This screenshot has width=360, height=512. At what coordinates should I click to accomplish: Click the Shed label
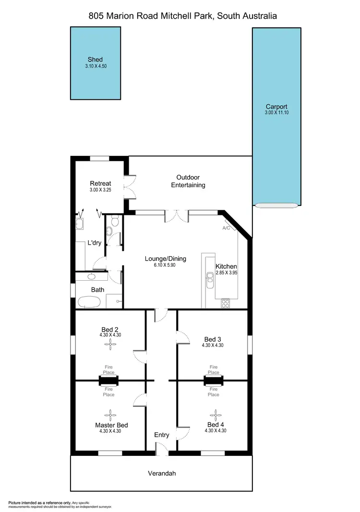pyautogui.click(x=95, y=60)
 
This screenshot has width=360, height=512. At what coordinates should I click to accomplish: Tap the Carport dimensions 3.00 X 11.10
pyautogui.click(x=276, y=113)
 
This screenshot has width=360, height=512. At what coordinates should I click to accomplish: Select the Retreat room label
pyautogui.click(x=100, y=183)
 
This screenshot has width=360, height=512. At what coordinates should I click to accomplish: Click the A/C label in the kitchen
pyautogui.click(x=226, y=228)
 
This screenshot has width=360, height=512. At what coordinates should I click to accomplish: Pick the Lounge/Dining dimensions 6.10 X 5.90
pyautogui.click(x=166, y=265)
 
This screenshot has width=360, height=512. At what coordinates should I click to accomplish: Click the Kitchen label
pyautogui.click(x=226, y=266)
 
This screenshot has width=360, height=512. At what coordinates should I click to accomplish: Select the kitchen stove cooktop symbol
pyautogui.click(x=225, y=303)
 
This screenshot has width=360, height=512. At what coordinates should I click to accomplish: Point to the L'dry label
pyautogui.click(x=94, y=243)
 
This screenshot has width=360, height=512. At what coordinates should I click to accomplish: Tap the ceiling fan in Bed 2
pyautogui.click(x=110, y=343)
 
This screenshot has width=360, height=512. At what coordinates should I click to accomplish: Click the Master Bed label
pyautogui.click(x=111, y=425)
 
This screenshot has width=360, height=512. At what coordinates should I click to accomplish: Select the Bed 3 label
pyautogui.click(x=213, y=339)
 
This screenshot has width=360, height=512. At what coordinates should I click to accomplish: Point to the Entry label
pyautogui.click(x=162, y=435)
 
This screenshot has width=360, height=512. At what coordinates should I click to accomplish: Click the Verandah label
pyautogui.click(x=161, y=474)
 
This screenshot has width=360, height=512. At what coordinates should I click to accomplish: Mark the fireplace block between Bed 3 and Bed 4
pyautogui.click(x=214, y=381)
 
